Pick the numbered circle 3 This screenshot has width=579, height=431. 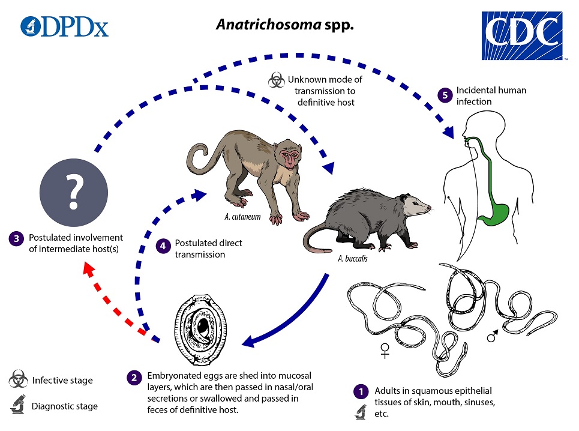point(16,238)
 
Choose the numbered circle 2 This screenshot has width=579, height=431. point(133,378)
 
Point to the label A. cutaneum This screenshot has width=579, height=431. point(242,217)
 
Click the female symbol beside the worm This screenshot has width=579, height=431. point(385,350)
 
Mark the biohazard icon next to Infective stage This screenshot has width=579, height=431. point(17,380)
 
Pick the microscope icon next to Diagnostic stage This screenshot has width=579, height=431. point(17,406)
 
